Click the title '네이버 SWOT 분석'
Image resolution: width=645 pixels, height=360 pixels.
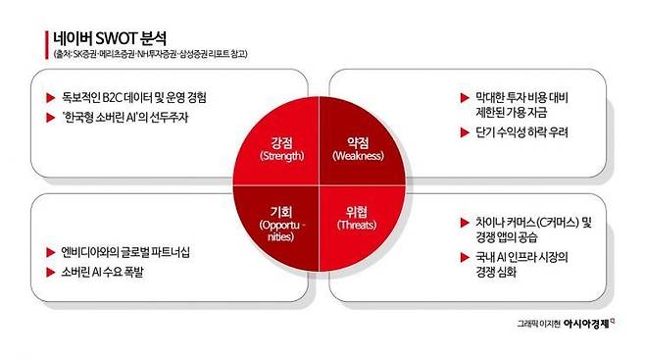click(110, 38)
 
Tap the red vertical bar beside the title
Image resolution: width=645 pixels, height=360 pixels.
click(47, 44)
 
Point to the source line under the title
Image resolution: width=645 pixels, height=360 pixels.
click(150, 54)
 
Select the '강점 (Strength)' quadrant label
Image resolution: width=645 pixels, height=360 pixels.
click(281, 148)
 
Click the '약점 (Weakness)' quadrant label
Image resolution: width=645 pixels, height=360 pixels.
click(358, 148)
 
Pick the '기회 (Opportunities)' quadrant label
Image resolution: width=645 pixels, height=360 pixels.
click(281, 224)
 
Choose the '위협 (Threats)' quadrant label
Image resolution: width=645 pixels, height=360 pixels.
click(357, 218)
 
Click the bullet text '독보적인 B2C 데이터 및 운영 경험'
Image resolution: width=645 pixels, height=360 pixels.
click(134, 97)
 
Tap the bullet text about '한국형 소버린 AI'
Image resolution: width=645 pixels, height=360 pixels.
click(125, 118)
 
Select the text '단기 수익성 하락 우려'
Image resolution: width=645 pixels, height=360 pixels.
click(521, 132)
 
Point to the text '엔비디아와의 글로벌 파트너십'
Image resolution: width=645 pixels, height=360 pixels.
click(125, 252)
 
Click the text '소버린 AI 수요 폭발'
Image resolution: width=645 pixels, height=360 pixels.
click(102, 272)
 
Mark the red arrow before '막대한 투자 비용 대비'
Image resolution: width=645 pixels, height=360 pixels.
click(465, 98)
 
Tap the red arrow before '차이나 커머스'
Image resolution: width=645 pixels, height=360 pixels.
click(465, 223)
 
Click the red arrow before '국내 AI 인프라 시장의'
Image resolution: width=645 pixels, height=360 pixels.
click(465, 258)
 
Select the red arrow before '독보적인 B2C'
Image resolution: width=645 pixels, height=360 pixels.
click(51, 98)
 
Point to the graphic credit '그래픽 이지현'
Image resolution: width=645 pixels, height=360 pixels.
click(539, 325)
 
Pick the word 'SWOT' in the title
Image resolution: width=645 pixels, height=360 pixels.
click(116, 38)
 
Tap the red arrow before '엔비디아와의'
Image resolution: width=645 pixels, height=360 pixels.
click(51, 252)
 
